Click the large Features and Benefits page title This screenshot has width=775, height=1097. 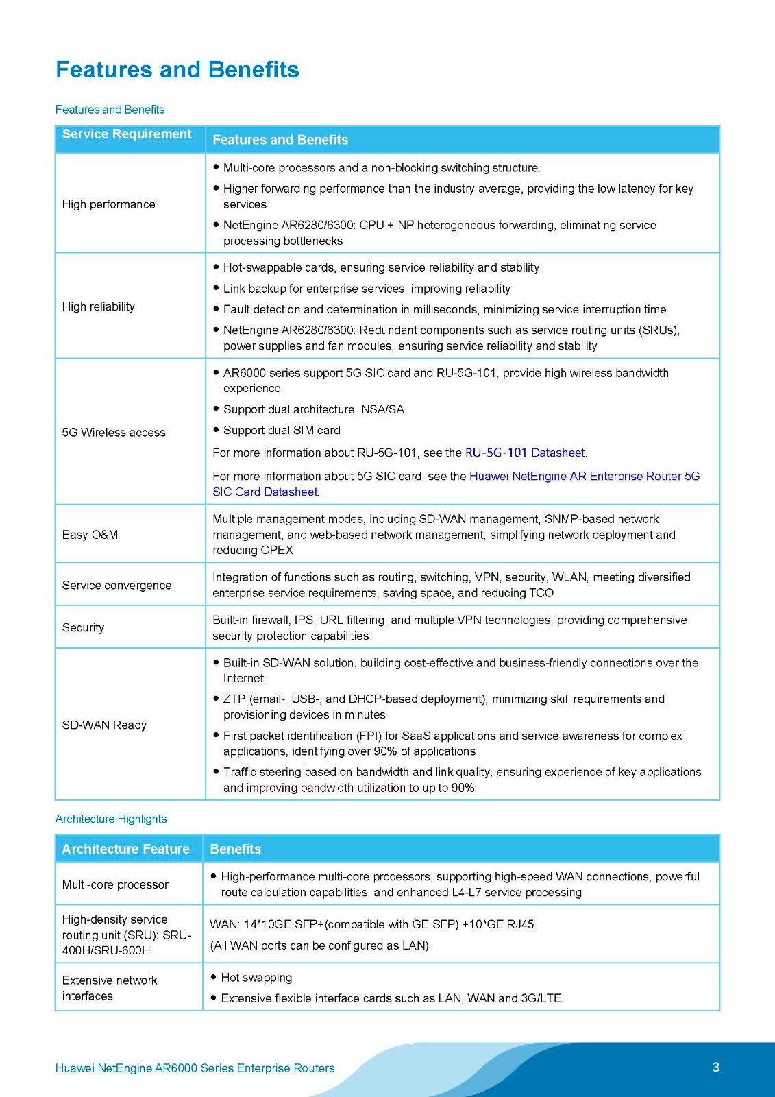coord(177,70)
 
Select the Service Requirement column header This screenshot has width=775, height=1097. coord(127,134)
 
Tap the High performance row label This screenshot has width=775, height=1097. coord(108,204)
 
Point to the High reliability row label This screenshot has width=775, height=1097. coord(98,306)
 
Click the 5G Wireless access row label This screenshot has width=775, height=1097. coord(114,433)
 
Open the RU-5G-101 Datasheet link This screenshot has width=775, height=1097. coord(525,453)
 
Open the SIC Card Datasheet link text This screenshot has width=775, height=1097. coord(265,492)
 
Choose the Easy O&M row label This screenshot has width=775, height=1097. coord(90,535)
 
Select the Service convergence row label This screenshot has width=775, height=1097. coord(116,586)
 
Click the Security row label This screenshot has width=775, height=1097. coord(83,627)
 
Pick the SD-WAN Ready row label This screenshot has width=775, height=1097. coord(104,725)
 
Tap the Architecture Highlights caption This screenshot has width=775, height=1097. coord(111,819)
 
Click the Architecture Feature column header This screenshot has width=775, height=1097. coord(125,849)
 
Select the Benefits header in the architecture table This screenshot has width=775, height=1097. coord(235,849)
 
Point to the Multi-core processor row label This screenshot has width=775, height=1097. coord(115,884)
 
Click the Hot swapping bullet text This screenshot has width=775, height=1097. coord(256,978)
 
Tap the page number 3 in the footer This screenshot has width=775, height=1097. coord(715,1067)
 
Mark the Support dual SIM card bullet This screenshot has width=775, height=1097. coord(282,430)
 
